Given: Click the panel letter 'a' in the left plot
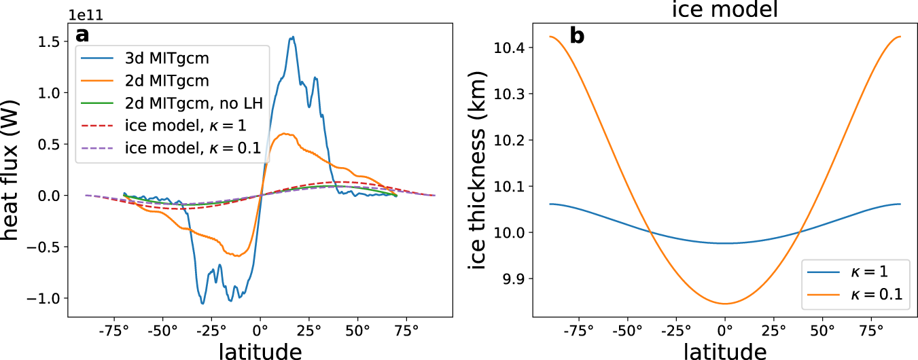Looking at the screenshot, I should click(83, 35).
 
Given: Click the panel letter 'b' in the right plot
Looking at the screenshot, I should click(577, 35).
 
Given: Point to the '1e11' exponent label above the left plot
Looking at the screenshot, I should click(87, 14).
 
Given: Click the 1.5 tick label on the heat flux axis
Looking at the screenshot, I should click(50, 41).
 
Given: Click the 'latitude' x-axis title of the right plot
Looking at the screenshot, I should click(724, 350).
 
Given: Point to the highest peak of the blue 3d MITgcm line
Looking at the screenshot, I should click(292, 37).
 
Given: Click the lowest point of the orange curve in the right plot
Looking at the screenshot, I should click(725, 304).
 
